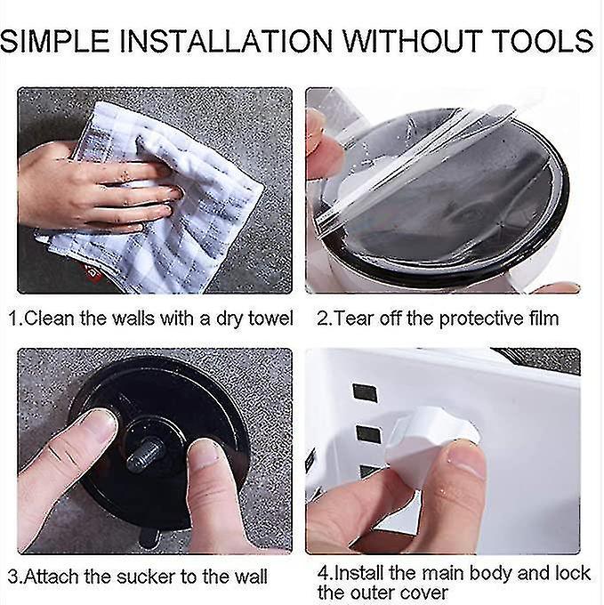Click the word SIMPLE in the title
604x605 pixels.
(x=55, y=40)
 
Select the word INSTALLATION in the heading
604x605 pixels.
(x=227, y=40)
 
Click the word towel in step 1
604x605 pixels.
(x=270, y=319)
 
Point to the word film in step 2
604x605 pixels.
(x=543, y=319)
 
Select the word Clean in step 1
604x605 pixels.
(x=49, y=319)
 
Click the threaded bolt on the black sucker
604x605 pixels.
(x=146, y=454)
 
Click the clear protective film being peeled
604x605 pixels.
(x=416, y=154)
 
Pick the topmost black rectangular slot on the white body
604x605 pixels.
(x=365, y=393)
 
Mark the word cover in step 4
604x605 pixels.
(x=424, y=593)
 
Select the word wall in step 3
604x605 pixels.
(x=251, y=577)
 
